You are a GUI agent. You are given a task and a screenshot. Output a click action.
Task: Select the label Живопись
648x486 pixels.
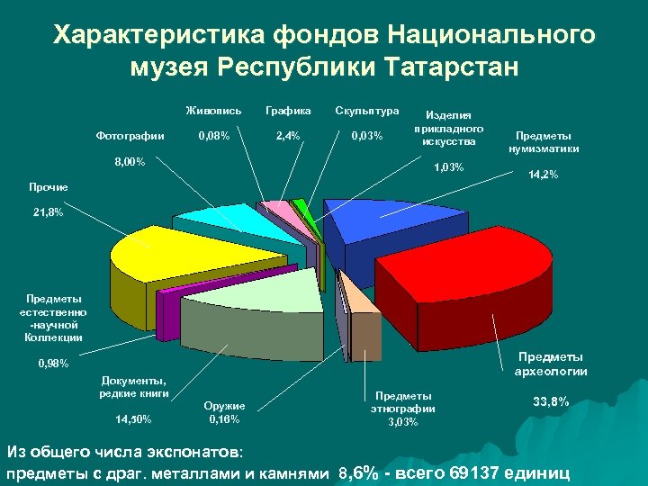click(x=213, y=111)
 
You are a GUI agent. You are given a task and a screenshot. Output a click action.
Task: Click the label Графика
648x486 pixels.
click(x=289, y=111)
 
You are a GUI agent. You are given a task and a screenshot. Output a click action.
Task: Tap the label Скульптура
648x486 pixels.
click(x=366, y=111)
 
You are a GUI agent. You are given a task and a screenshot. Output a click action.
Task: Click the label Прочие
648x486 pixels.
click(x=48, y=187)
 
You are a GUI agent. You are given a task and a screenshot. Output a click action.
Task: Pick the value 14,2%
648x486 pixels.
click(x=543, y=175)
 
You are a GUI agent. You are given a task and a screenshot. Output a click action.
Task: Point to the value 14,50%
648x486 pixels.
click(x=134, y=418)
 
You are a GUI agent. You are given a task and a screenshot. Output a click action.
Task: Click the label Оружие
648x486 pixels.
click(x=225, y=406)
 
